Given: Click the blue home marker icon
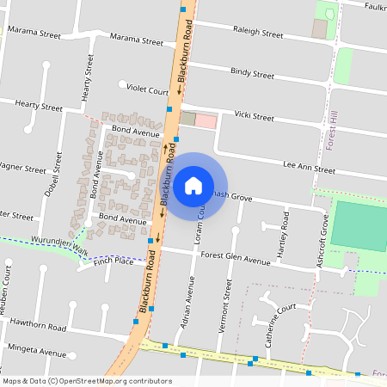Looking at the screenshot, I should (x=193, y=185).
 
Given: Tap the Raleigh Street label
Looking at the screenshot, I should (x=258, y=34).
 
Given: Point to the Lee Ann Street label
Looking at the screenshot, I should (x=309, y=169).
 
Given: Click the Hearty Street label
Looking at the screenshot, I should (x=39, y=108).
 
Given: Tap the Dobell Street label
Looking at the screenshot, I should (x=58, y=174).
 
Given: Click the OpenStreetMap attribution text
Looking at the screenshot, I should (x=88, y=381).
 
